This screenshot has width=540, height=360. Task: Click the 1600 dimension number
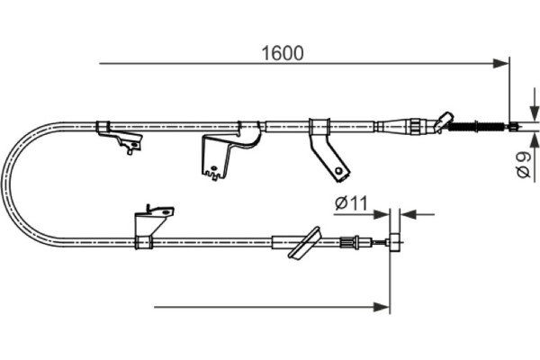tap(283, 53)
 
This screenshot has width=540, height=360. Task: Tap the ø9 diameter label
tap(524, 166)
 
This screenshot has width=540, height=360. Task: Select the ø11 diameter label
tap(351, 203)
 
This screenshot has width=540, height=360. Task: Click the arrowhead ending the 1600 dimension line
tap(500, 63)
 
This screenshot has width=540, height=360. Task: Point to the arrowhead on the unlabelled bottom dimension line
tap(382, 307)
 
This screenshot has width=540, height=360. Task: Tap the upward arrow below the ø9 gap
tap(534, 157)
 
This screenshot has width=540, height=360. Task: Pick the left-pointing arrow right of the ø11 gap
tap(418, 214)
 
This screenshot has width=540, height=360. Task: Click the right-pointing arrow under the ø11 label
tap(361, 214)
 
